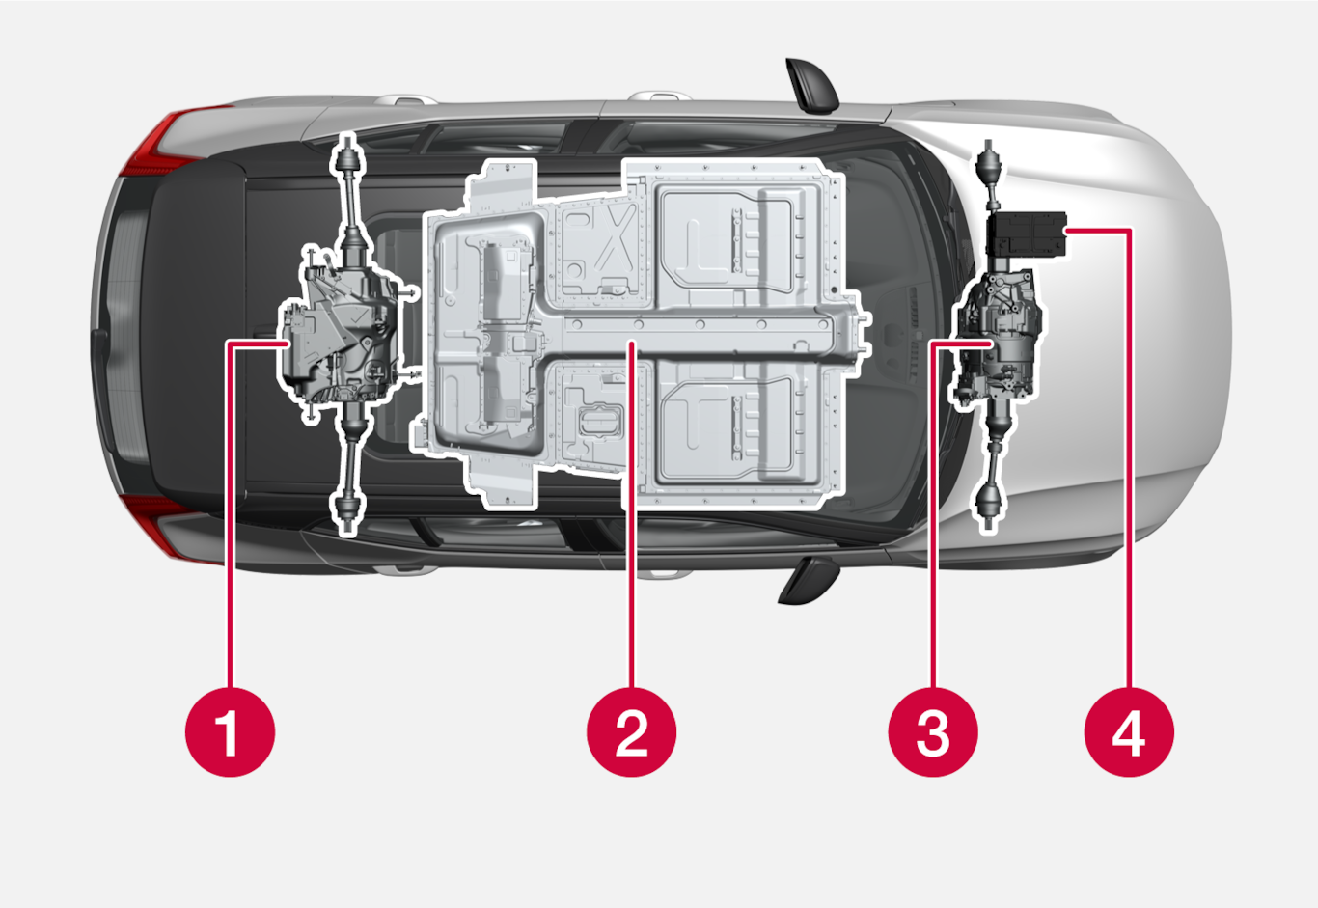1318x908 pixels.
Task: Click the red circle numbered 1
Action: tap(230, 732)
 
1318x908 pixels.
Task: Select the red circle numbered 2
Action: tap(631, 732)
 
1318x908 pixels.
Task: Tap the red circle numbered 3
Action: tap(933, 732)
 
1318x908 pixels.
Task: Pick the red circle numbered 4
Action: tap(1129, 732)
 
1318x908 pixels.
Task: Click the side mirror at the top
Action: tap(812, 85)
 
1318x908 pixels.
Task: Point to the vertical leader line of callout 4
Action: tap(1129, 458)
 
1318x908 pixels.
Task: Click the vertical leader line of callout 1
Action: tap(230, 515)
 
